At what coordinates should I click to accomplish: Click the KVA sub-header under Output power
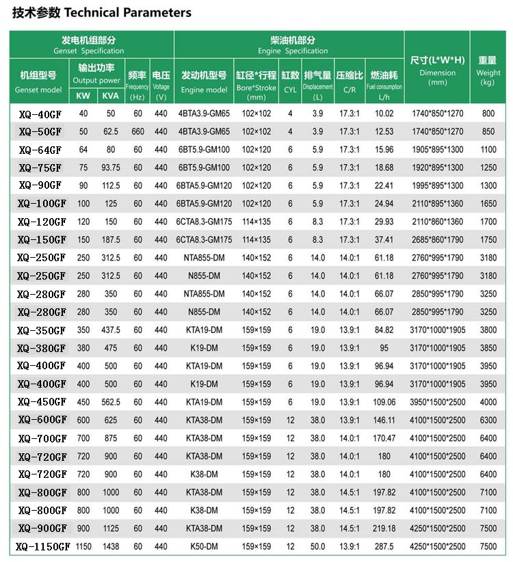(110, 94)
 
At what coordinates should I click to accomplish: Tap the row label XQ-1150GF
(42, 546)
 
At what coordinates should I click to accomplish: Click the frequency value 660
(138, 131)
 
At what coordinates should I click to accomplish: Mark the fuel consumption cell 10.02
(384, 113)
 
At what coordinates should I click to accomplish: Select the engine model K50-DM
(205, 546)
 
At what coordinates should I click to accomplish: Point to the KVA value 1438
(110, 546)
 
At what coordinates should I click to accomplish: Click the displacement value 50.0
(317, 546)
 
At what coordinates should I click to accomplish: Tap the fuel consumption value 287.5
(384, 546)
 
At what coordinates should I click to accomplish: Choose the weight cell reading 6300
(488, 420)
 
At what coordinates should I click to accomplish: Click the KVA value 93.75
(110, 168)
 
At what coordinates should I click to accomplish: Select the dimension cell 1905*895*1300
(438, 150)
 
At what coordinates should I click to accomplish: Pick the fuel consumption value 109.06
(384, 402)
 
